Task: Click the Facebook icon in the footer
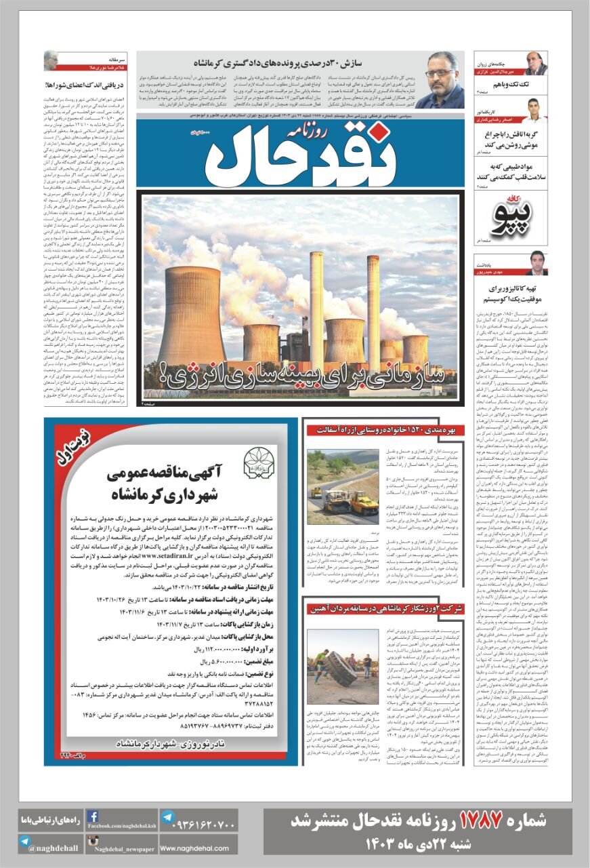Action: click(x=92, y=816)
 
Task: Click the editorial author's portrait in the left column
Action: click(x=51, y=60)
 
